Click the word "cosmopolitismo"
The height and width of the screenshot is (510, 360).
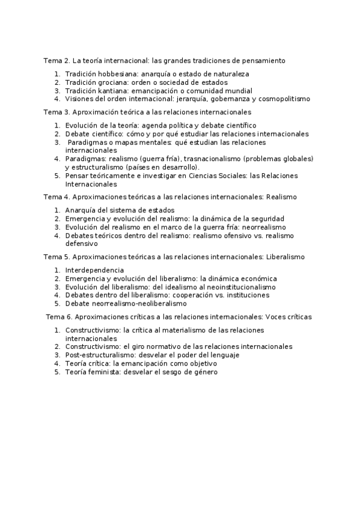pos(282,99)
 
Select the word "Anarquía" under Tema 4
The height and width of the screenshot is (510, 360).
pos(82,210)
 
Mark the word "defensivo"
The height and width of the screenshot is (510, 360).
pos(81,244)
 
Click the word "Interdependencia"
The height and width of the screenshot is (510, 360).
pos(95,270)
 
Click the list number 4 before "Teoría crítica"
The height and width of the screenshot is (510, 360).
pos(57,363)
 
